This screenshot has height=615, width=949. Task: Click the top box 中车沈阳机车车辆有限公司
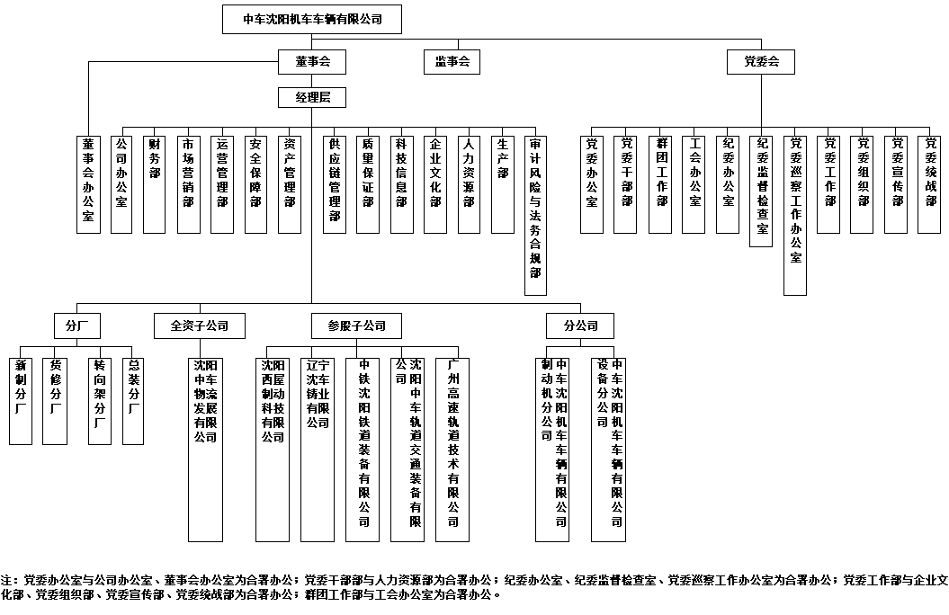pos(312,20)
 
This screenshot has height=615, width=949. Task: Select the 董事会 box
pos(312,63)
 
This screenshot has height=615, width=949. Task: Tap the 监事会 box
pos(452,63)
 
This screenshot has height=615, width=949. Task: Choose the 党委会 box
pos(762,63)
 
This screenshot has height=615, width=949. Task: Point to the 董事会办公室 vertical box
pos(88,183)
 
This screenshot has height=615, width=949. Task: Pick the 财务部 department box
pos(155,183)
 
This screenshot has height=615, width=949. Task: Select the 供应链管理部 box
pos(335,183)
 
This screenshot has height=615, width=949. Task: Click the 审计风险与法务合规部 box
pos(536,214)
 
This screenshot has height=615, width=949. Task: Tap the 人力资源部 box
pos(469,183)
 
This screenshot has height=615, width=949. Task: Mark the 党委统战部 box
pos(930,183)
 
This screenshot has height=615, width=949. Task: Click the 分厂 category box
pos(76,325)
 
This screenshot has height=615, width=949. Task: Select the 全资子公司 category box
pos(199,325)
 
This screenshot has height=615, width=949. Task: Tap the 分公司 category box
pos(580,325)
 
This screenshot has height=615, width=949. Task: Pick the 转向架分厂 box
pos(99,399)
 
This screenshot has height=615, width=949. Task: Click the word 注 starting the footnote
pos(7,580)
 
